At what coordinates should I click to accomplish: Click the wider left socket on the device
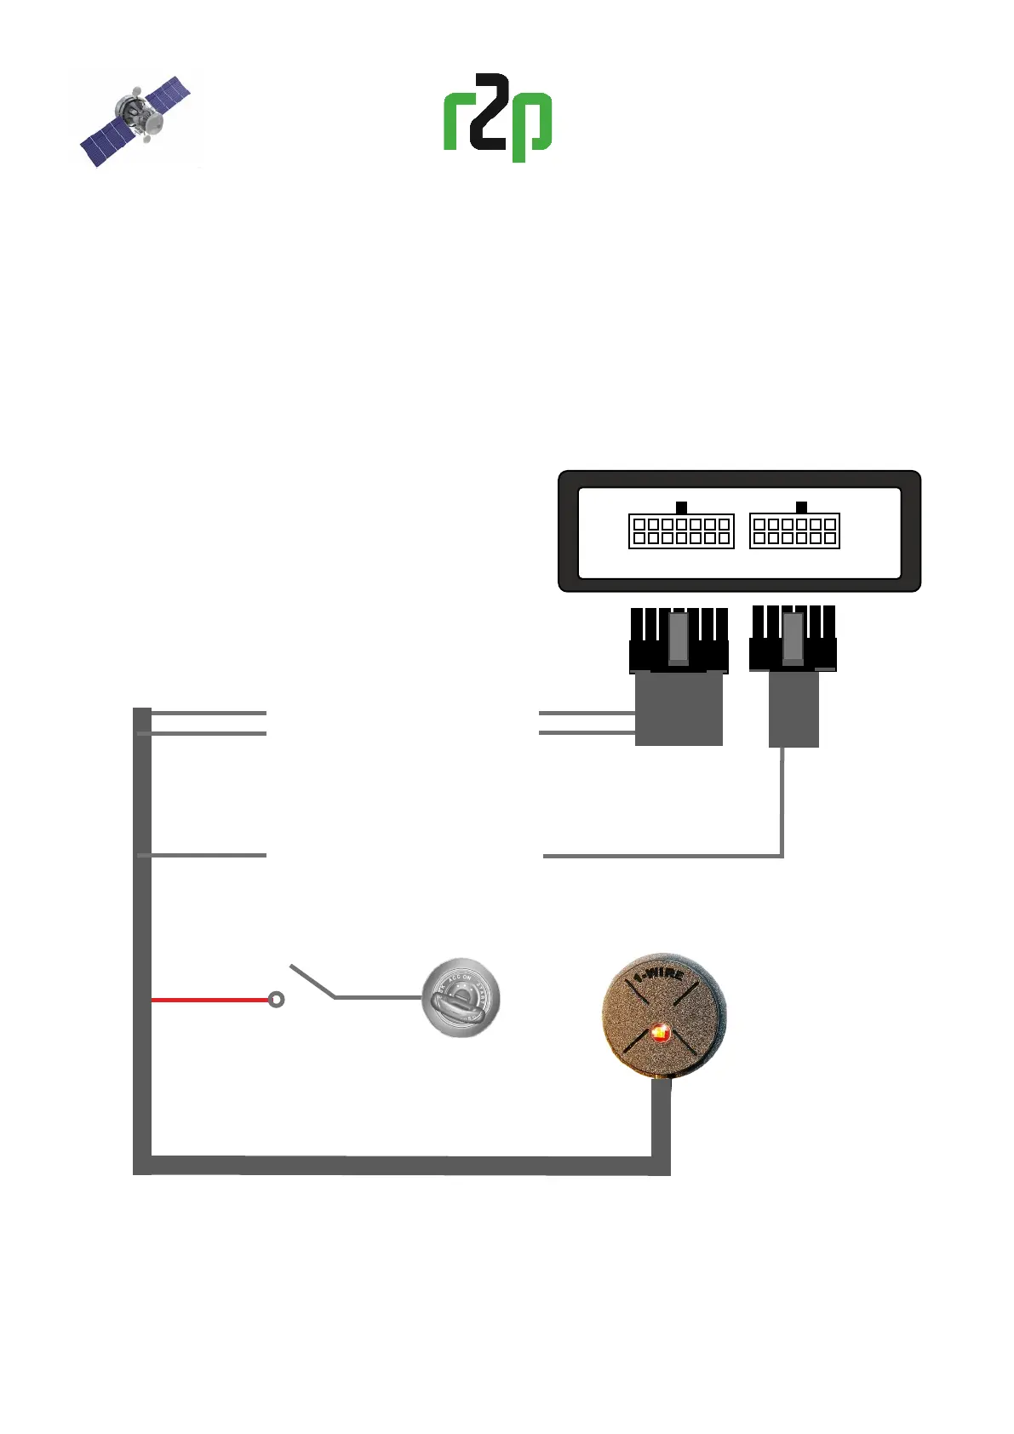(681, 531)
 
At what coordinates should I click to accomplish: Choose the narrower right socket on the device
(794, 531)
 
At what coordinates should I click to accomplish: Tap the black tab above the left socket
(681, 508)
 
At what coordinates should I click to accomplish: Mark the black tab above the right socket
(801, 508)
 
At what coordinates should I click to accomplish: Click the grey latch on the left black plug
(679, 638)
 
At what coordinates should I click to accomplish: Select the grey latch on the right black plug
(793, 638)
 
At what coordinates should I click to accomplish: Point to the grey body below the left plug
(679, 708)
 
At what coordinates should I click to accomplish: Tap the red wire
(209, 1000)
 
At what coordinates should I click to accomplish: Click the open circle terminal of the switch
(276, 1000)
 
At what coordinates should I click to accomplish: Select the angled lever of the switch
(312, 981)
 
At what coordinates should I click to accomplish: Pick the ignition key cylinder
(461, 998)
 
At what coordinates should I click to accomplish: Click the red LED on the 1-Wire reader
(660, 1034)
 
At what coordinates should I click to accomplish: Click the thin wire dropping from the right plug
(782, 800)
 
